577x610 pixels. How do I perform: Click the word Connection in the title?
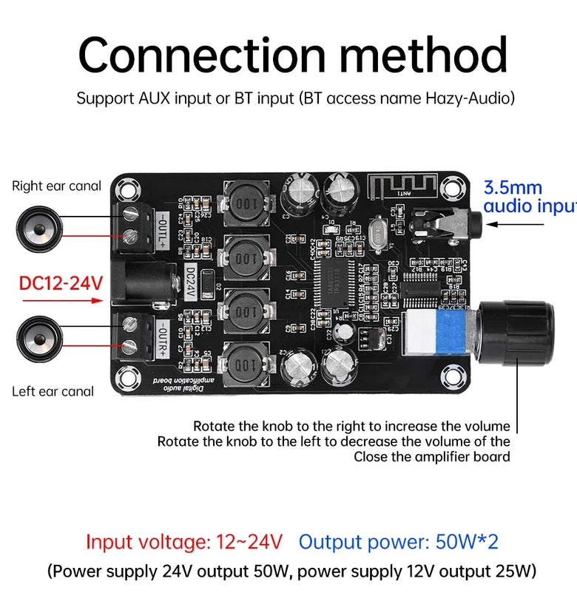coord(200,55)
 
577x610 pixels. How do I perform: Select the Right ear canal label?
coord(56,186)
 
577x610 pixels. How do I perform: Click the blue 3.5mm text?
coord(513,188)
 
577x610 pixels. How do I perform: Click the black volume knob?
coord(517,333)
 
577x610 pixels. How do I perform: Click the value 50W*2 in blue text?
coord(466,542)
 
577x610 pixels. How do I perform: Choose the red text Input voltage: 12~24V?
coord(184,542)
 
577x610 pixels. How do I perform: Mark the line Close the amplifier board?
coord(431,457)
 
